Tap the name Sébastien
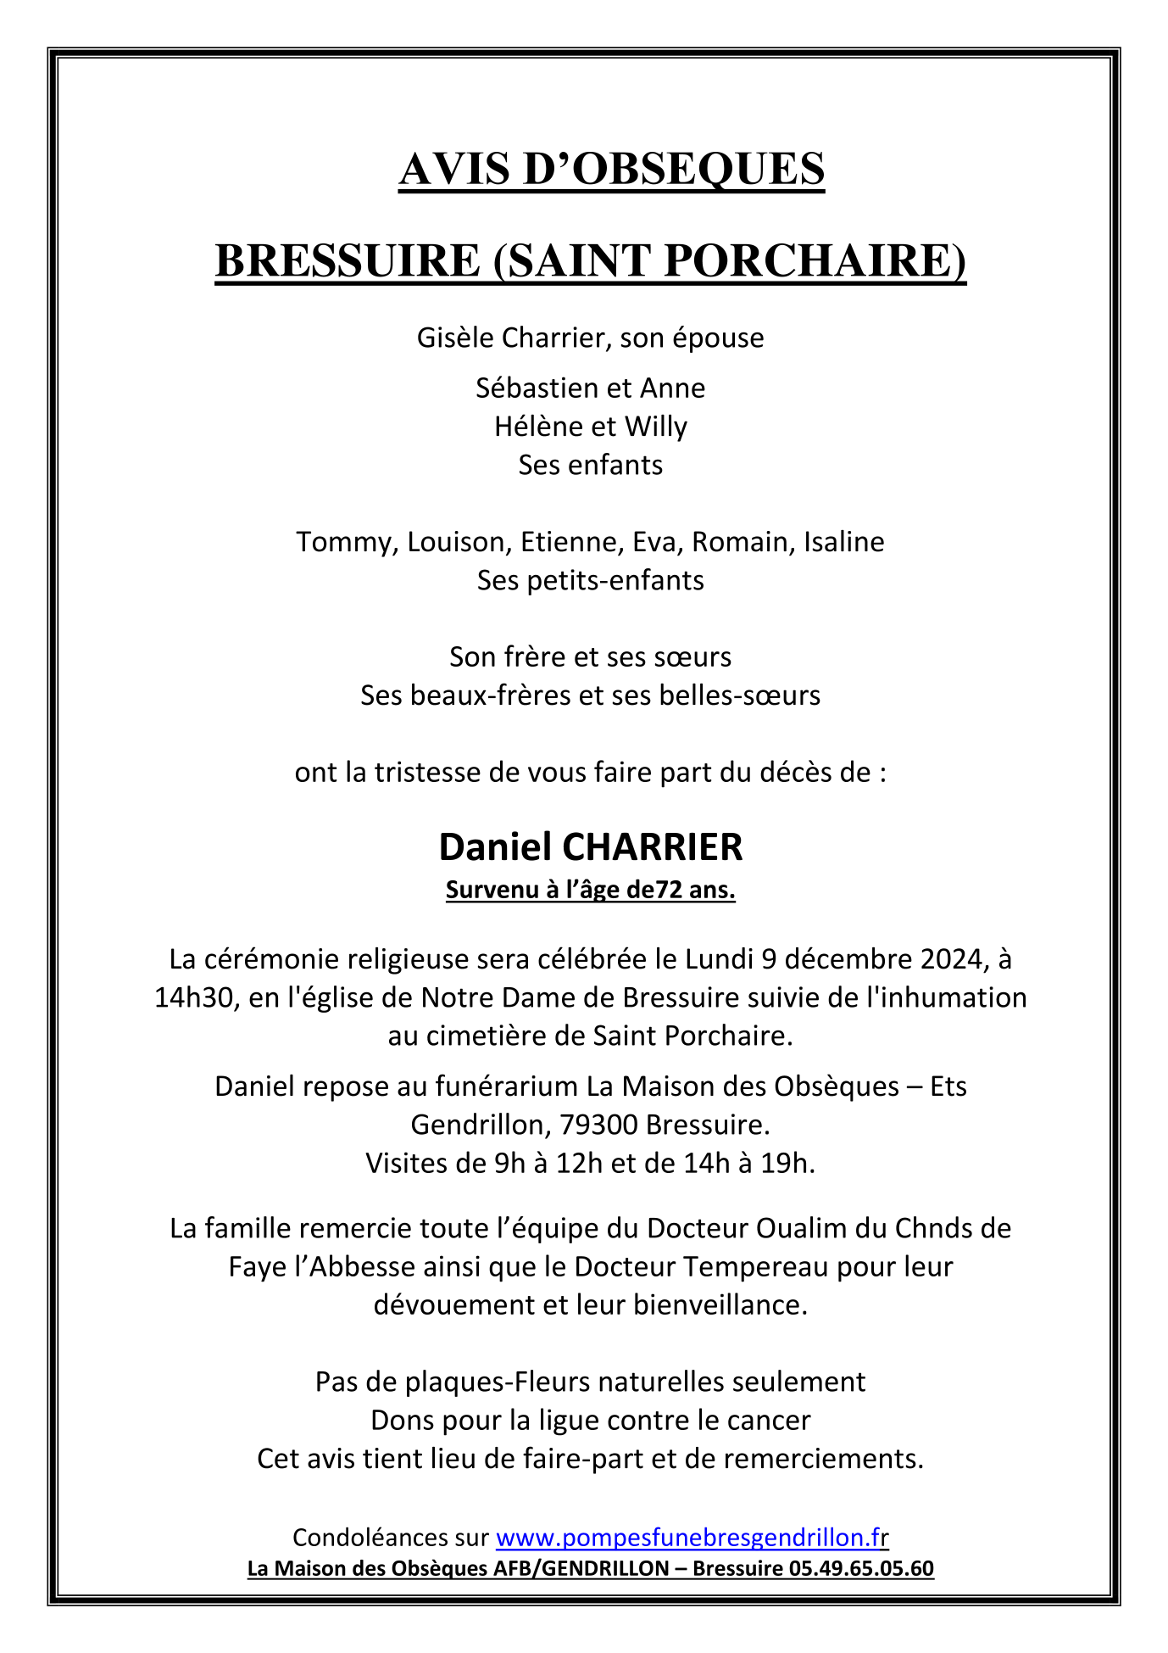[x=529, y=388]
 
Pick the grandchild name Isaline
[x=843, y=541]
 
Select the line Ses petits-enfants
[x=590, y=580]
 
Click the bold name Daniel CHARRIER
[x=591, y=846]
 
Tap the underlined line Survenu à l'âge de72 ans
[x=591, y=891]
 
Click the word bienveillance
[x=720, y=1304]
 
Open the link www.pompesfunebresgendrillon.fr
[x=692, y=1537]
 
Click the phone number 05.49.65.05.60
[x=860, y=1568]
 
